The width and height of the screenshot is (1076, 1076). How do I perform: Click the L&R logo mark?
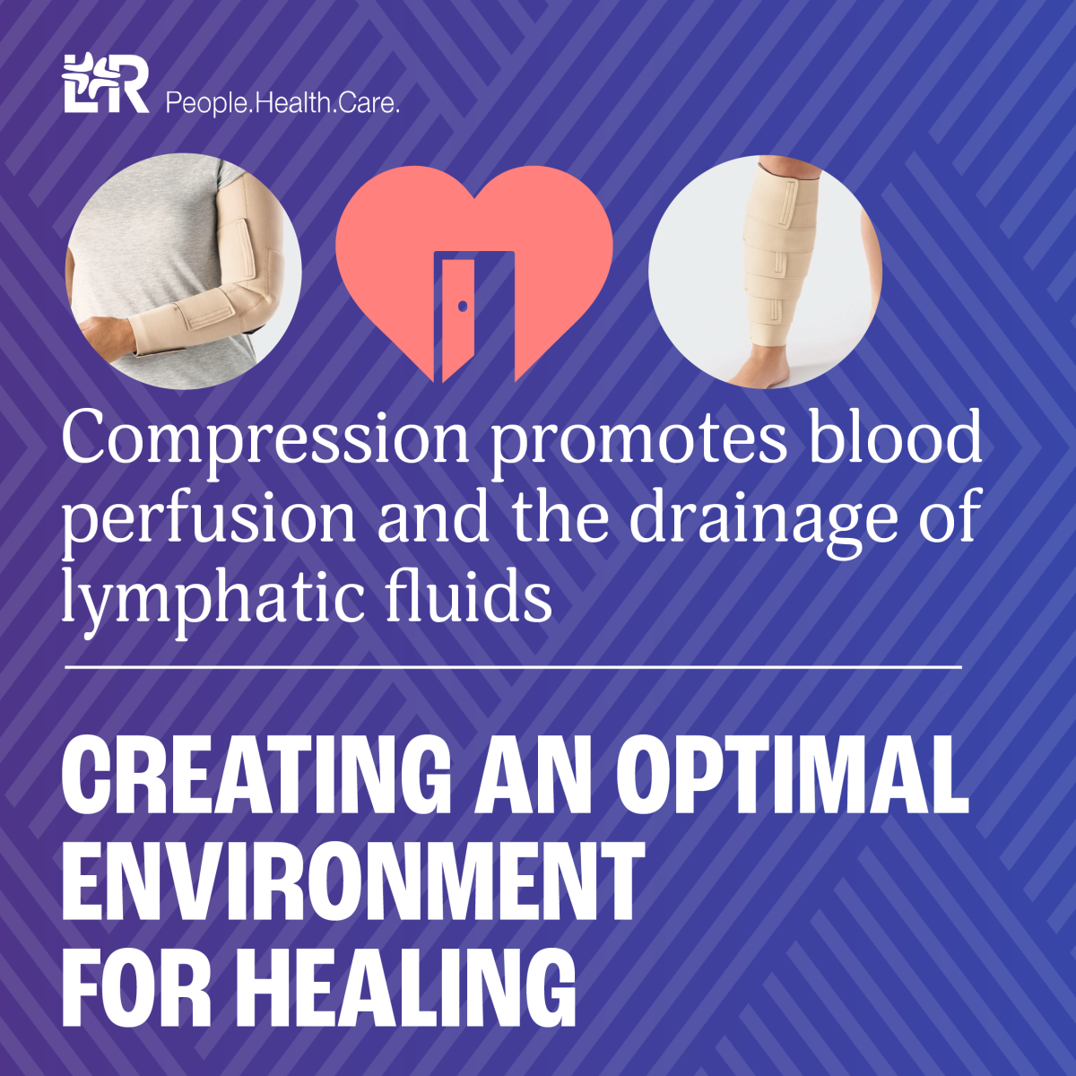pyautogui.click(x=106, y=83)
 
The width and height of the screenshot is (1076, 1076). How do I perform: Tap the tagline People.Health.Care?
pyautogui.click(x=282, y=103)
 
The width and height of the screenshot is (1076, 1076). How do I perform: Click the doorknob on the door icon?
pyautogui.click(x=463, y=306)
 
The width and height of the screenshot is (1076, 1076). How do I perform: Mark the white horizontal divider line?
pyautogui.click(x=513, y=667)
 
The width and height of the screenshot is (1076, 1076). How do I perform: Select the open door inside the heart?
pyautogui.click(x=459, y=319)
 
